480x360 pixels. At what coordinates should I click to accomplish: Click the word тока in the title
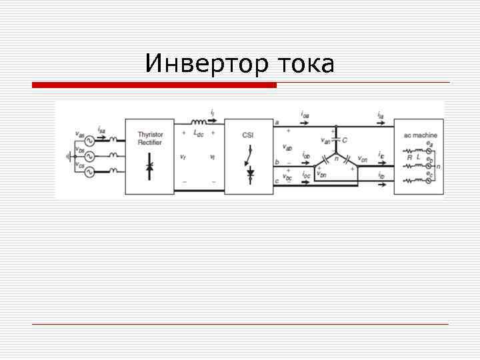(x=304, y=65)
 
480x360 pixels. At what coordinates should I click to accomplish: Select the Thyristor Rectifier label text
(x=150, y=139)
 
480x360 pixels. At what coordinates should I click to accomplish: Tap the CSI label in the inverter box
(x=248, y=135)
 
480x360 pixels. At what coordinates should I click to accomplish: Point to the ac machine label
(x=420, y=135)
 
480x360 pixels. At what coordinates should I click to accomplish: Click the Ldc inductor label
(x=199, y=133)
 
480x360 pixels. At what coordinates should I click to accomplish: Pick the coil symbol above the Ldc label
(x=199, y=123)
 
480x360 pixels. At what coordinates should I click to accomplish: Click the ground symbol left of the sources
(x=67, y=156)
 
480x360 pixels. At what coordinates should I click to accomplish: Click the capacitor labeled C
(x=337, y=141)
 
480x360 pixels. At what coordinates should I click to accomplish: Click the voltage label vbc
(x=287, y=178)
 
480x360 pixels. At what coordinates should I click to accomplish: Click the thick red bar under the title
(x=154, y=85)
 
